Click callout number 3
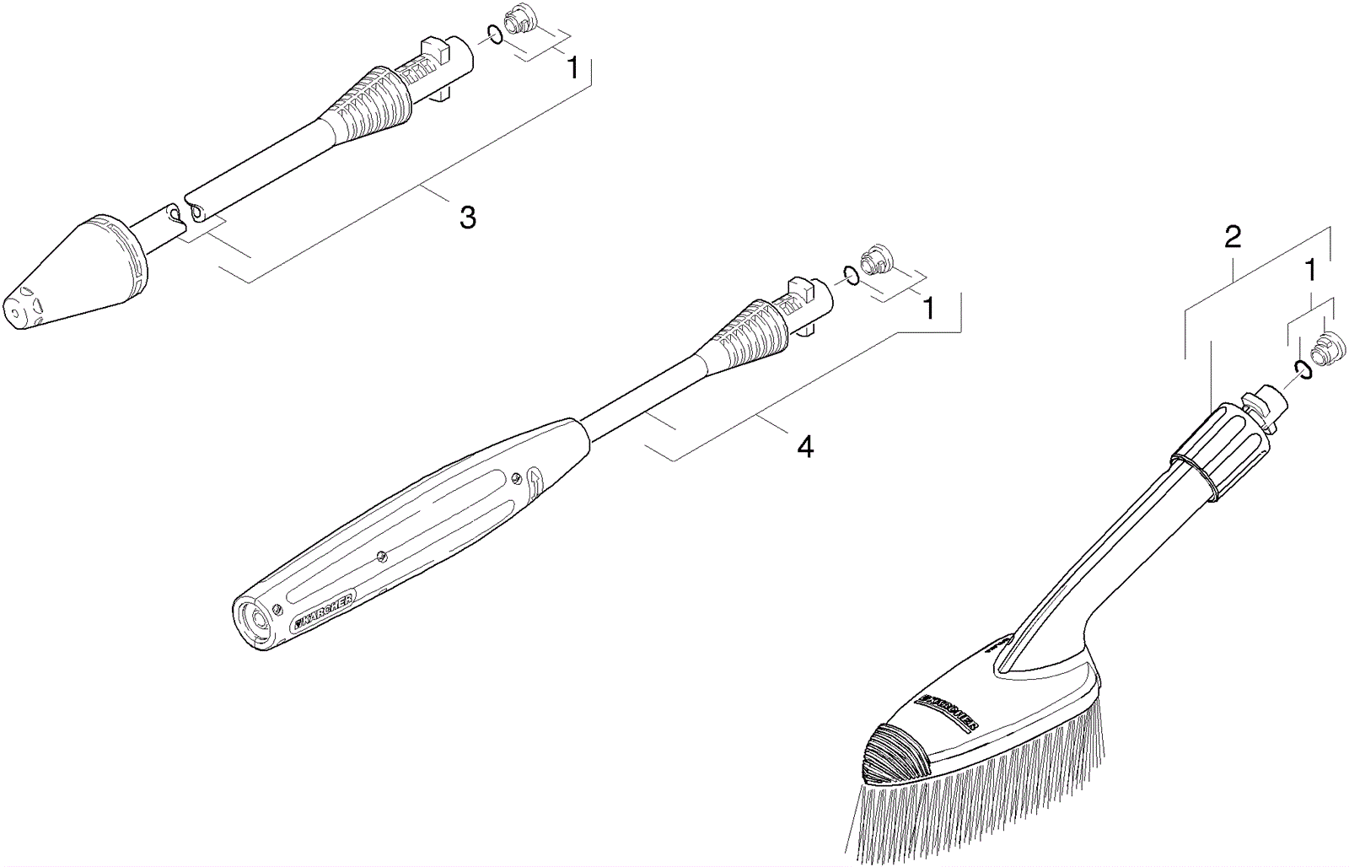(x=467, y=217)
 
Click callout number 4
(x=805, y=447)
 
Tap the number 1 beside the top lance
(x=572, y=67)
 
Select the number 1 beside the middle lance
(x=928, y=309)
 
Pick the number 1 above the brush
(x=1310, y=271)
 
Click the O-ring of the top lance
(x=493, y=35)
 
